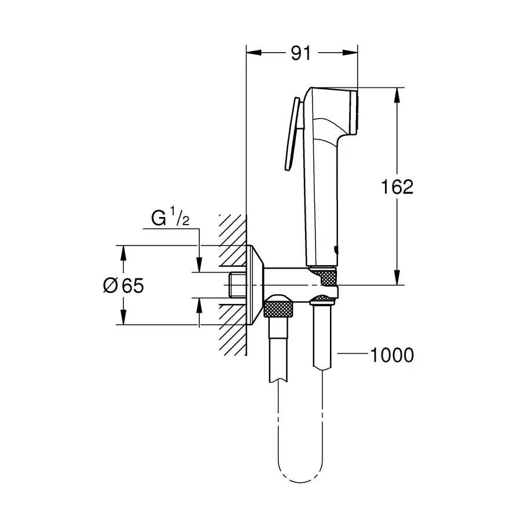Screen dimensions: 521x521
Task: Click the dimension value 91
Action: pyautogui.click(x=300, y=54)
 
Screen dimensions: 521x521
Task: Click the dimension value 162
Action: pyautogui.click(x=397, y=187)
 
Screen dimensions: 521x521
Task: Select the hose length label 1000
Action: pyautogui.click(x=392, y=355)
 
